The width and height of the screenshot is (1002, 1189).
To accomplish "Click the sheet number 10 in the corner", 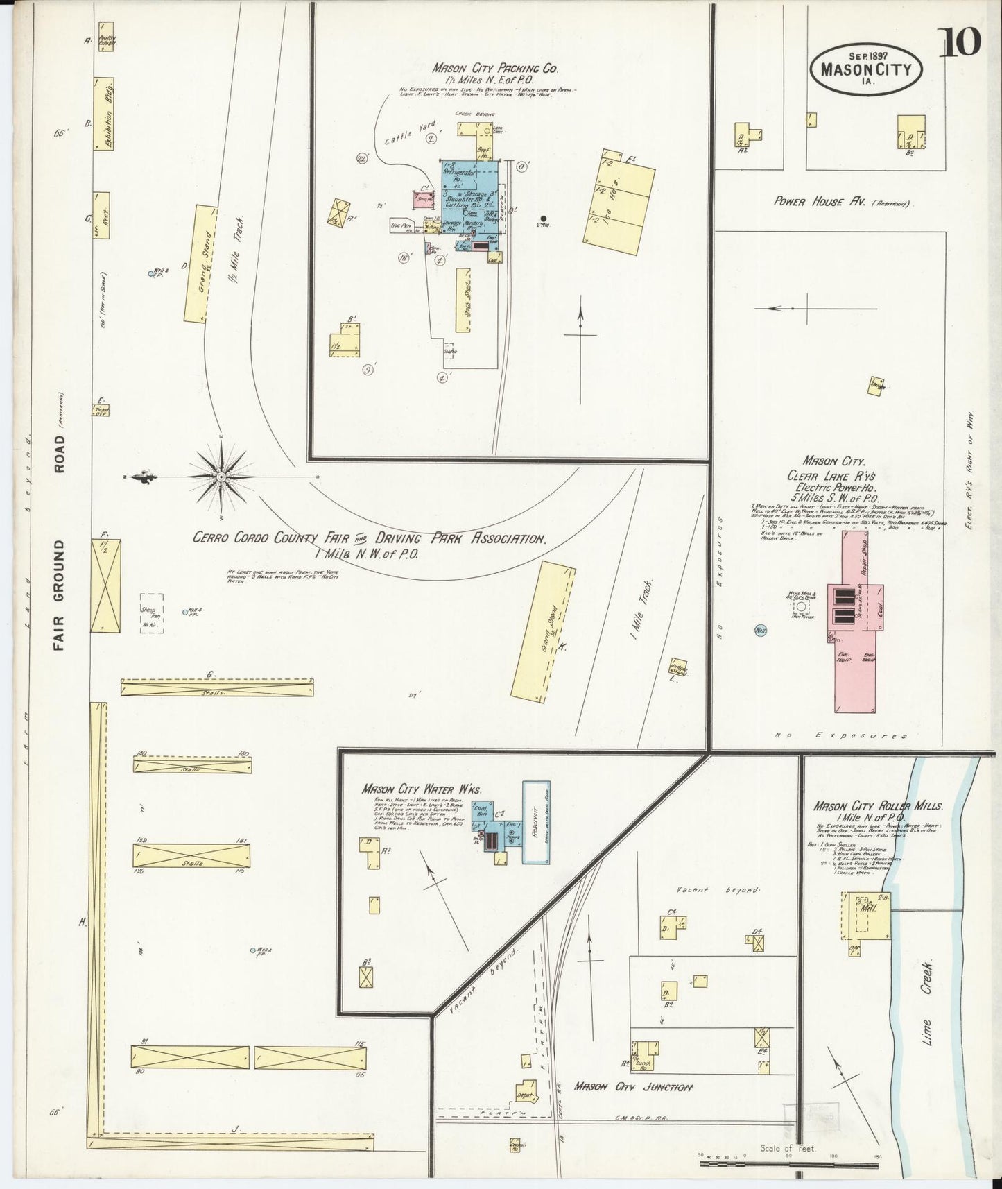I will (960, 43).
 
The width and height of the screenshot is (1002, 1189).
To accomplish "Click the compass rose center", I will (221, 477).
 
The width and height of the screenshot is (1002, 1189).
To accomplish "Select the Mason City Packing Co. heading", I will (495, 69).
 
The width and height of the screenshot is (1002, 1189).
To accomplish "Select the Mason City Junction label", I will (633, 1087).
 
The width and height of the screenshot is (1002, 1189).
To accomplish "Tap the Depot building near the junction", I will (527, 1095).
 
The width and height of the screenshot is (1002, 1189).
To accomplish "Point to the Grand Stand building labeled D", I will (200, 264).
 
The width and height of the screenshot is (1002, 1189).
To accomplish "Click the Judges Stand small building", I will (677, 667).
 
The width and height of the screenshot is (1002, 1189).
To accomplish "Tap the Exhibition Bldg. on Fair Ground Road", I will (104, 113).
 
